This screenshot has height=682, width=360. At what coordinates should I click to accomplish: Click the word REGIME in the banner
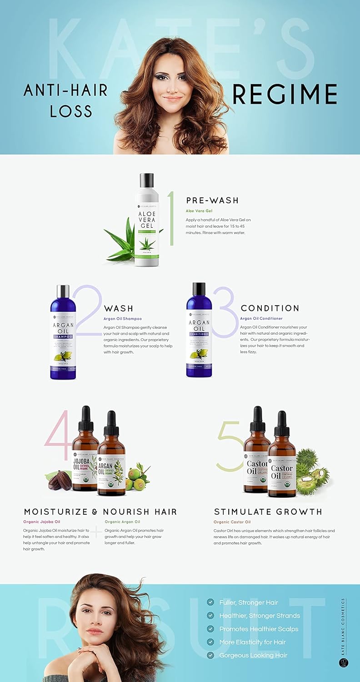tap(285, 95)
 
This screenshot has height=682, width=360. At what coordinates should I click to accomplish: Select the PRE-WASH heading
tap(212, 201)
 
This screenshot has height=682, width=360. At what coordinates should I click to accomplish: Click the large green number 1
tap(171, 218)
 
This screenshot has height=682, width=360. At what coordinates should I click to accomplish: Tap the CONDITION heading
tap(270, 308)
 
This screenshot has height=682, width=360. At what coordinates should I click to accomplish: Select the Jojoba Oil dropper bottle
tap(85, 455)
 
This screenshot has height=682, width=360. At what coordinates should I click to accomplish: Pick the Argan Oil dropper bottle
tap(111, 459)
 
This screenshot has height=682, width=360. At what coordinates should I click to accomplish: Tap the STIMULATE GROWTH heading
tap(268, 511)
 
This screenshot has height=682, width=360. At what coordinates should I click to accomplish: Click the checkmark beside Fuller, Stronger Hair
tap(210, 602)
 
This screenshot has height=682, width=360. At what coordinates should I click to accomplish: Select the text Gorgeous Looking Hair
tap(253, 655)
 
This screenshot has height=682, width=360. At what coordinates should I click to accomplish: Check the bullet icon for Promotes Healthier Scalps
tap(210, 628)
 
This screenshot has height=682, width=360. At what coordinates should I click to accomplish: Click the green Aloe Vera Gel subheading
tap(199, 211)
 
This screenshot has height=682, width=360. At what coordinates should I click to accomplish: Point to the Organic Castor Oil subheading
tap(232, 522)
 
